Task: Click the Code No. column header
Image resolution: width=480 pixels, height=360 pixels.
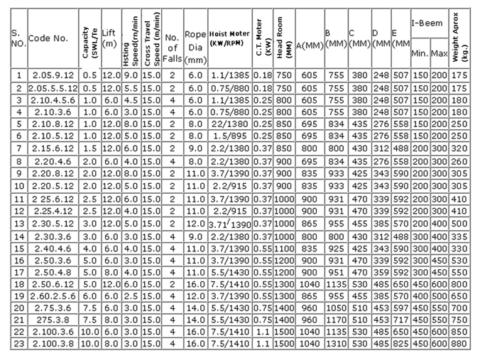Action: click(48, 38)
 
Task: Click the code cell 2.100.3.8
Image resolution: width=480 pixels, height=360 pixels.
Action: click(53, 343)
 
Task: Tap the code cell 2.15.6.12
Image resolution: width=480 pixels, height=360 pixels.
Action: click(53, 148)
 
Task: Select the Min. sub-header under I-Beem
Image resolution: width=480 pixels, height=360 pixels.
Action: click(419, 52)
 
